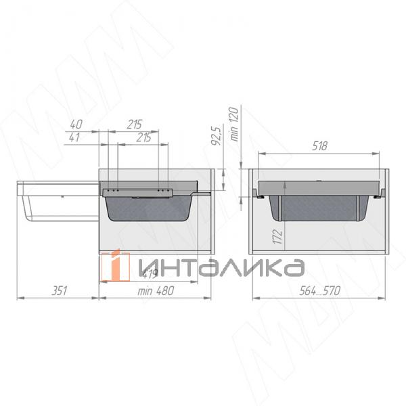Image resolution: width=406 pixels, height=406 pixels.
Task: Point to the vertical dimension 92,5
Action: tap(216, 136)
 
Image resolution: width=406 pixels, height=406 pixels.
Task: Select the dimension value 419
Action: tap(150, 274)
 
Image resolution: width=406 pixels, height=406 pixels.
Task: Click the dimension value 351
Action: tap(60, 290)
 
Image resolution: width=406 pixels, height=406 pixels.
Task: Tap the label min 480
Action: tap(155, 291)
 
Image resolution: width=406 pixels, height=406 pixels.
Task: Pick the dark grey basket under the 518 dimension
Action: tap(319, 206)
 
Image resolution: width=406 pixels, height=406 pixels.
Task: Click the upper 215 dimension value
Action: tap(133, 125)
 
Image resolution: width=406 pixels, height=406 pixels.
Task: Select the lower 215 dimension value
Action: tap(143, 137)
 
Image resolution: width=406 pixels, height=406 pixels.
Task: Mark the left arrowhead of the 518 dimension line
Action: tap(261, 154)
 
